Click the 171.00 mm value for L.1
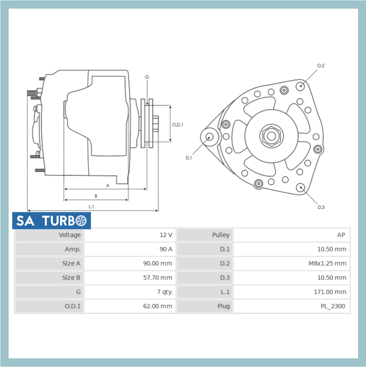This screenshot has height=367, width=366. pos(330,292)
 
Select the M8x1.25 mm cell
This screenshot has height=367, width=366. pos(327,263)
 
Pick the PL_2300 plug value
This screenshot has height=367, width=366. pos(333,306)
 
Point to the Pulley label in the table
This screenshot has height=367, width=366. pos(220,235)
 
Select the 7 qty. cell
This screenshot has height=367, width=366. pos(165,292)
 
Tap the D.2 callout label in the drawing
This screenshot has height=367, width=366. pos(321,65)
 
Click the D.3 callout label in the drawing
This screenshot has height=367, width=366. pos(321,207)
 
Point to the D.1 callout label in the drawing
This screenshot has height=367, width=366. pos(189,158)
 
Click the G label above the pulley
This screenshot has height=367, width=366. pos(147,77)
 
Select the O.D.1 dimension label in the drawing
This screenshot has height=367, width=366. pos(178,124)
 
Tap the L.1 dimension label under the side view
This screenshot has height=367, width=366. pos(91,207)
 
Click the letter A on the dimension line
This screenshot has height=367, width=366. pos(107,185)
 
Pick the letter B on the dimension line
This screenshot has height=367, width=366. pos(96,196)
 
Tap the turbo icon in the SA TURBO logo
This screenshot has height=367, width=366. pos(82,221)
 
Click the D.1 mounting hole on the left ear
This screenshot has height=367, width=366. pos(209,137)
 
